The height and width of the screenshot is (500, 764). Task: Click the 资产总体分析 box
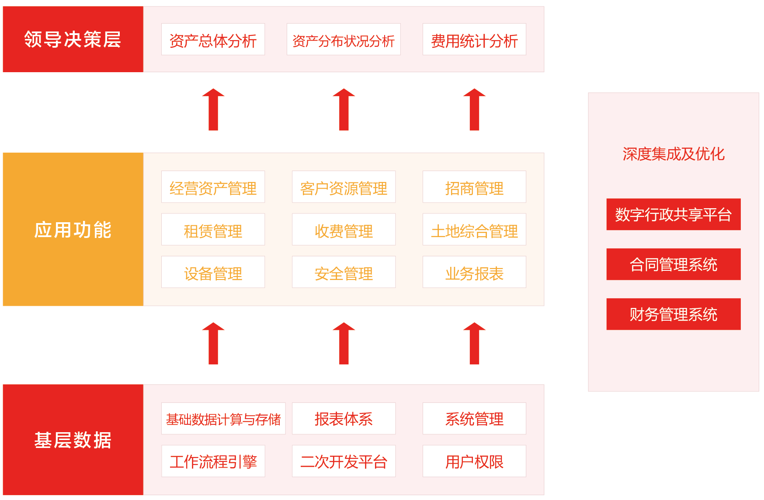click(x=213, y=39)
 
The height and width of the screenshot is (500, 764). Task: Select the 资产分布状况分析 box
click(x=344, y=39)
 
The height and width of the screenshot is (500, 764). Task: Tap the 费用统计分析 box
click(x=474, y=39)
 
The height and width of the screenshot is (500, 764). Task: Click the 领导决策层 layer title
click(x=73, y=39)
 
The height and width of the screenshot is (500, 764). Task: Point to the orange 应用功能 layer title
click(x=73, y=229)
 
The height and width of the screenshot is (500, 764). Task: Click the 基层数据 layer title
click(x=73, y=440)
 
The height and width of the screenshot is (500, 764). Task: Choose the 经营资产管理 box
click(x=213, y=187)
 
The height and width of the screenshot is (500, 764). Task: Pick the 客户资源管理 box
click(x=344, y=187)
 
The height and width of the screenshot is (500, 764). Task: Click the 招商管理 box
click(x=474, y=187)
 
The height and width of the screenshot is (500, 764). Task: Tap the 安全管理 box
click(x=344, y=272)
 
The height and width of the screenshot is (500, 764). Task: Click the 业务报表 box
click(x=474, y=272)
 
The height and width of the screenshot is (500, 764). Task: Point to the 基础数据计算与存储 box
click(x=223, y=419)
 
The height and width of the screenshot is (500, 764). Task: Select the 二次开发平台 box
click(x=344, y=461)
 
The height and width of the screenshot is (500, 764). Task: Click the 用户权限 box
click(x=474, y=461)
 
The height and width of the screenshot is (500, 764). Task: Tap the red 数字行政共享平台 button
click(x=673, y=214)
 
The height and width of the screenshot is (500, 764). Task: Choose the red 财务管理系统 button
click(x=673, y=314)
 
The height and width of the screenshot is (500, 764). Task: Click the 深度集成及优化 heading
click(x=673, y=154)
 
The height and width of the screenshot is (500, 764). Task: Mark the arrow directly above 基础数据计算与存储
click(x=213, y=343)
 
